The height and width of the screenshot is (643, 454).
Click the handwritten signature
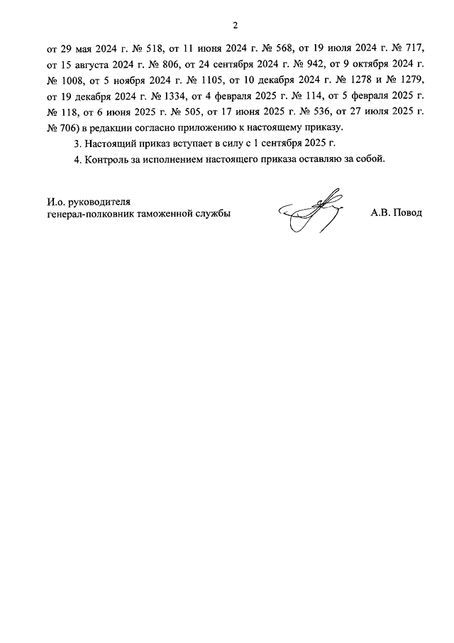(310, 211)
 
